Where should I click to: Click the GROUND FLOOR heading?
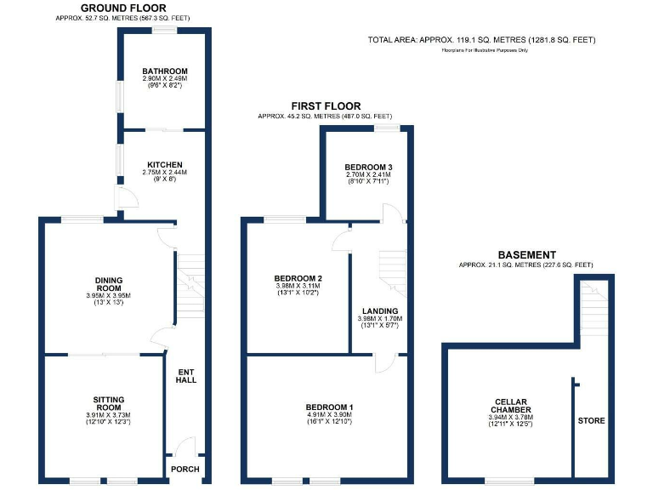[123, 8]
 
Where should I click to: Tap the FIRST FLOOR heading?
[326, 106]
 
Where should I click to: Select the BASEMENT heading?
[526, 254]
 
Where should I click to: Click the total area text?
[481, 40]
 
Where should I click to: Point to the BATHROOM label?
[165, 71]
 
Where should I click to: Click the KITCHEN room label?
[165, 165]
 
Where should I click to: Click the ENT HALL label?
[186, 375]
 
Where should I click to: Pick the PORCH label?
[185, 469]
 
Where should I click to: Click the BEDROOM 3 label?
[368, 167]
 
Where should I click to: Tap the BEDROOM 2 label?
[298, 278]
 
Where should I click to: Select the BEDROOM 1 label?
[329, 407]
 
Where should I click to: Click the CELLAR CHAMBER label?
[512, 406]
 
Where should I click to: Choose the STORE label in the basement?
[592, 420]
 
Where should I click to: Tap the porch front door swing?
[186, 447]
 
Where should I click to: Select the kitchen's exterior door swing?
[125, 198]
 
